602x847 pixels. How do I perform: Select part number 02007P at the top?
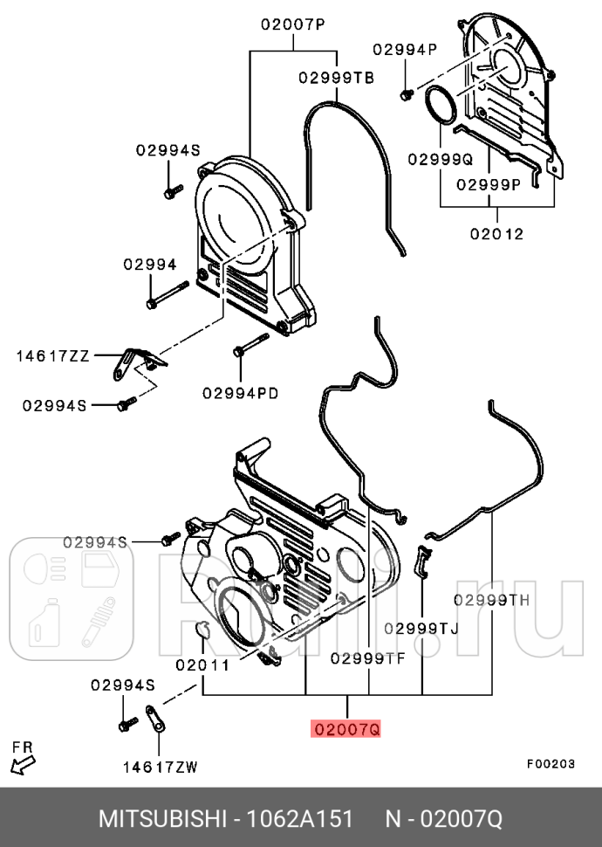(292, 25)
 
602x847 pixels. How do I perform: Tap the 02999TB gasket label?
(336, 78)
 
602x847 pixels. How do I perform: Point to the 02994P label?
(405, 49)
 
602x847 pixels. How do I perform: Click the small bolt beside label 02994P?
(407, 93)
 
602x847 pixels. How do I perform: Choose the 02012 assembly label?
(496, 233)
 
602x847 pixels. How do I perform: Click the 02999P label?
(488, 184)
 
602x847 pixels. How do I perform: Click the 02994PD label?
(241, 393)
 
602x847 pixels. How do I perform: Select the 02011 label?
(202, 665)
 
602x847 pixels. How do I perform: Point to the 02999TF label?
(367, 659)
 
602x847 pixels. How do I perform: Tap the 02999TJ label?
(421, 628)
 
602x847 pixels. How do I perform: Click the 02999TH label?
(491, 600)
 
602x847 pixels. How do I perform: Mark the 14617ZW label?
(160, 768)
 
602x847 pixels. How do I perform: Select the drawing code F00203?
(550, 763)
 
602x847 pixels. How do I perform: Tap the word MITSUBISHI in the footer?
(162, 819)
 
